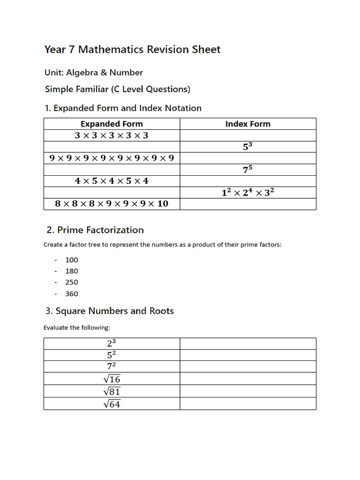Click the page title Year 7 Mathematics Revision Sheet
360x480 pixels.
tap(132, 50)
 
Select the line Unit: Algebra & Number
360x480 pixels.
tap(94, 73)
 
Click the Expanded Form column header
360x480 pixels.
tap(112, 124)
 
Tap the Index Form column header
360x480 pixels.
tap(247, 124)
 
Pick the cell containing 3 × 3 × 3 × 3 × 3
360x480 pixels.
tap(112, 135)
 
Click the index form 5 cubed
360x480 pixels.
tap(247, 147)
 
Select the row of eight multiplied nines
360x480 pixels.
tap(112, 158)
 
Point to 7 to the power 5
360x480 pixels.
tap(247, 170)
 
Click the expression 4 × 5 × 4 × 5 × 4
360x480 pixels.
tap(112, 181)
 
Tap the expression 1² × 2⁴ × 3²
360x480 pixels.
tap(247, 193)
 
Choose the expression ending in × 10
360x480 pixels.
tap(112, 204)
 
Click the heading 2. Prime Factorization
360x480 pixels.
tap(95, 230)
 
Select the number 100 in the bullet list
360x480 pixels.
tap(72, 260)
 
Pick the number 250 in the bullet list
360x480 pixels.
tap(72, 282)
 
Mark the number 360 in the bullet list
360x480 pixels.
tap(72, 294)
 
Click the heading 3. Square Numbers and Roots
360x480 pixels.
tap(110, 311)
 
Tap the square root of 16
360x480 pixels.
tap(112, 379)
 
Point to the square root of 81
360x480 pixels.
tap(112, 391)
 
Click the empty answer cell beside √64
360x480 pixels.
tap(247, 404)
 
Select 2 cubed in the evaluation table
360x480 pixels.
tap(112, 343)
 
